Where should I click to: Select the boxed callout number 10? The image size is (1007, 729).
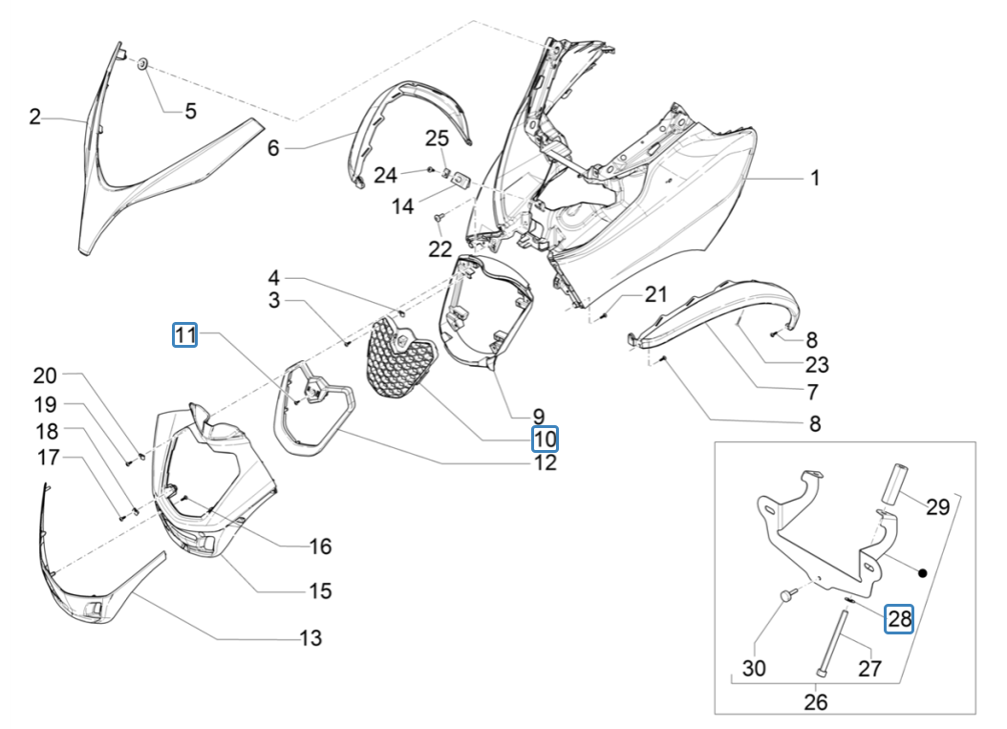[x=545, y=439]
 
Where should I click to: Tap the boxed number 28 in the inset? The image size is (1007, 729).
[x=899, y=618]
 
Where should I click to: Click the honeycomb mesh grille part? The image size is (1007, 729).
[x=402, y=358]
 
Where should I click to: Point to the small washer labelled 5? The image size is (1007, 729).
[x=141, y=64]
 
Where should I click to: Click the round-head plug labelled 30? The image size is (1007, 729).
[x=786, y=596]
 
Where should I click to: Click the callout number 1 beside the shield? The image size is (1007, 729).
[x=815, y=178]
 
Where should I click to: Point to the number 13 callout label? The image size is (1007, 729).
[x=310, y=637]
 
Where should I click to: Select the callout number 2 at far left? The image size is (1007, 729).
[x=34, y=118]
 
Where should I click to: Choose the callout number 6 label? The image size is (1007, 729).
[x=272, y=148]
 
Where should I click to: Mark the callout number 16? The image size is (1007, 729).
[x=319, y=547]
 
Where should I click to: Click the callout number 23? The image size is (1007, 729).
[x=817, y=364]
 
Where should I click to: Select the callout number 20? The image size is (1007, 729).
[x=46, y=375]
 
